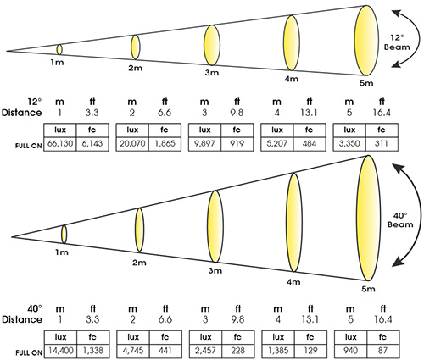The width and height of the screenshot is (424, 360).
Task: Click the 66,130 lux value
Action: click(x=60, y=143)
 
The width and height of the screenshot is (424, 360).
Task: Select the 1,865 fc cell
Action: click(x=165, y=143)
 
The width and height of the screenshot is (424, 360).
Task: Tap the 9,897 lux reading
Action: click(x=204, y=143)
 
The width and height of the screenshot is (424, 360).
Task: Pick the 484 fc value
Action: click(x=310, y=143)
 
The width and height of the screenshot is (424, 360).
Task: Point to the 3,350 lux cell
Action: click(x=349, y=143)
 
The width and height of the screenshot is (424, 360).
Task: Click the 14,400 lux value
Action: click(x=61, y=351)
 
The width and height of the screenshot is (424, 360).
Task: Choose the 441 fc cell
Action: click(x=165, y=351)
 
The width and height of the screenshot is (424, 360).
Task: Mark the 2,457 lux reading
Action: click(x=205, y=351)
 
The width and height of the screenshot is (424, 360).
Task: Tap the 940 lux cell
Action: click(x=350, y=351)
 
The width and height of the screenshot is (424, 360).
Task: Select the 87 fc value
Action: click(x=382, y=351)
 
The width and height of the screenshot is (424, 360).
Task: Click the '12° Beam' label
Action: click(x=397, y=42)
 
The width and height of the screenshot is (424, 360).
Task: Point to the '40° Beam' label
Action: click(x=400, y=220)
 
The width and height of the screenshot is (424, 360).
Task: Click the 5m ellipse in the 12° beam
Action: click(x=366, y=41)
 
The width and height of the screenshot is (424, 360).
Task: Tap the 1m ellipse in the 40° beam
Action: click(x=64, y=234)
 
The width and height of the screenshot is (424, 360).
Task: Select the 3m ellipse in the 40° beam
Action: click(x=215, y=227)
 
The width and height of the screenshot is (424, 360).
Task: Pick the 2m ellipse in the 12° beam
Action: click(x=136, y=47)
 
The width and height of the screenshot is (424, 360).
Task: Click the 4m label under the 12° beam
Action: click(x=291, y=79)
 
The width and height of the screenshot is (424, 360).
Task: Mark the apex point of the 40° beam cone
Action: click(x=12, y=236)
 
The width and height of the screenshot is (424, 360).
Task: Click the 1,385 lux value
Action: click(x=278, y=351)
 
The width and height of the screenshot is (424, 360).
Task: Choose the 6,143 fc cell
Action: click(x=92, y=143)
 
